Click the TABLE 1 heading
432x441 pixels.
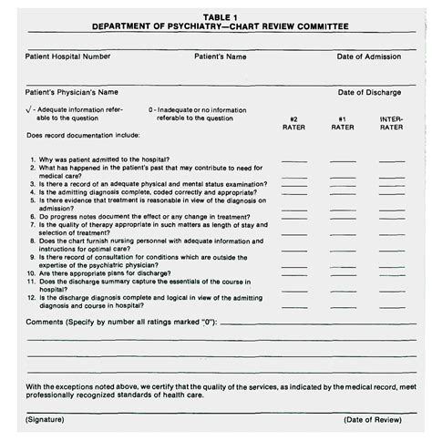215,16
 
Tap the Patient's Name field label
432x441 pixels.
221,56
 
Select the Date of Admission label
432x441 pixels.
370,56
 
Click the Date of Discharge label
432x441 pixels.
371,92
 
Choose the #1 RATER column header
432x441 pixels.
343,123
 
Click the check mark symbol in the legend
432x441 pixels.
30,109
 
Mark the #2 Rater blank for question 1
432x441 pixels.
293,159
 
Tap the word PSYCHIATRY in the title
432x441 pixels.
212,26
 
